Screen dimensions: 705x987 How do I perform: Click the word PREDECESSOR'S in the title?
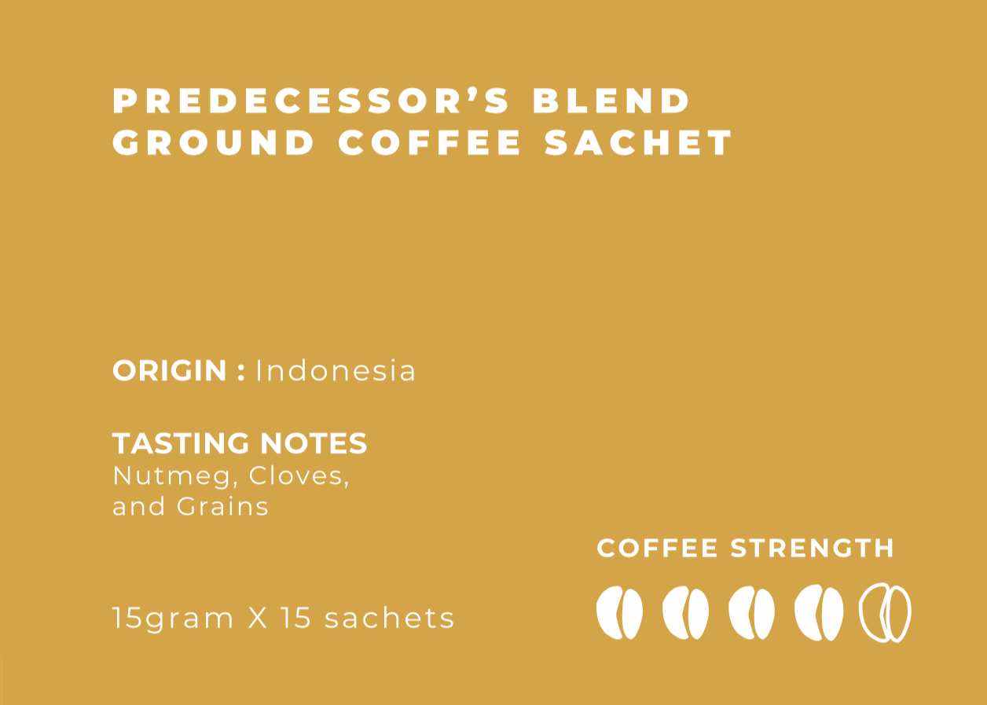(311, 101)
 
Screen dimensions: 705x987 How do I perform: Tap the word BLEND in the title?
(612, 101)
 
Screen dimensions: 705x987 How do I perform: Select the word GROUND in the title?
(214, 143)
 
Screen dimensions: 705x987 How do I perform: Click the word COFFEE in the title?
(431, 143)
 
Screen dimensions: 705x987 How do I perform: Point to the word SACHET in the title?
(639, 143)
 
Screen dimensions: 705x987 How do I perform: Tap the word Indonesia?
(336, 371)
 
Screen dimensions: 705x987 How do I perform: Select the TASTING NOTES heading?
(240, 443)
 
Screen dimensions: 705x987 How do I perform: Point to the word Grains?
(222, 506)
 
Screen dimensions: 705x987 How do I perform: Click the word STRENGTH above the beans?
(813, 548)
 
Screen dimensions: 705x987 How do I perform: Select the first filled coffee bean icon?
(619, 613)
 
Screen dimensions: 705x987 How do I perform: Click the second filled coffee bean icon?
(685, 613)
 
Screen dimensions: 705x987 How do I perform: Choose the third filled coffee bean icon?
(751, 613)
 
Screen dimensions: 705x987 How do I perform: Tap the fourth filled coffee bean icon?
(818, 613)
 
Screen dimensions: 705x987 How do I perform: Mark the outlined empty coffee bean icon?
(885, 613)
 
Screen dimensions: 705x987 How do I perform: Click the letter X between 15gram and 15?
(258, 618)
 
